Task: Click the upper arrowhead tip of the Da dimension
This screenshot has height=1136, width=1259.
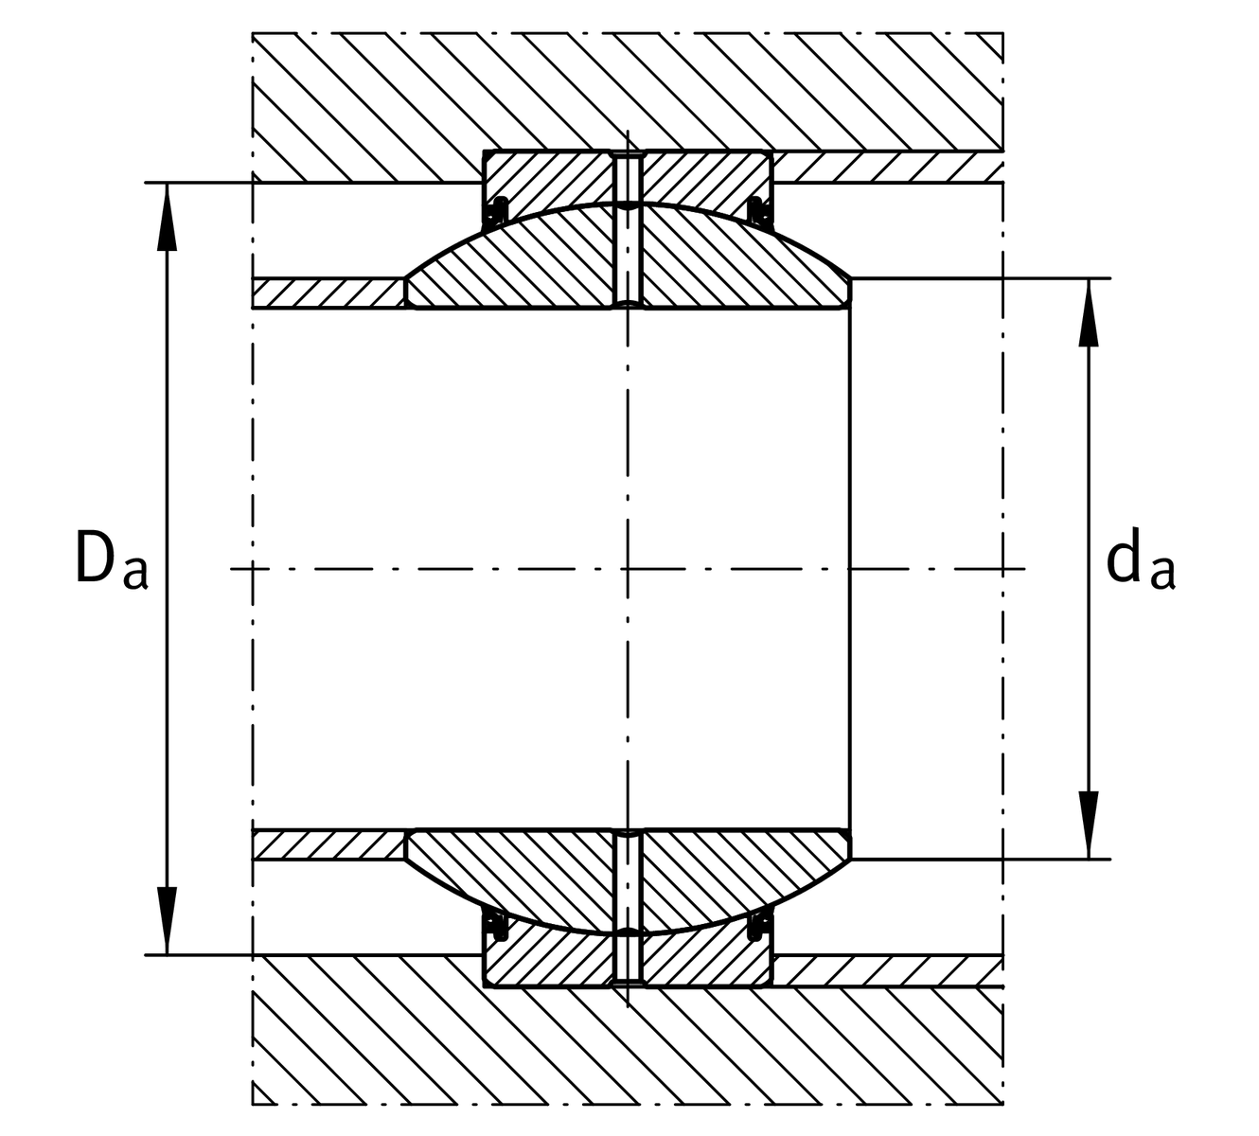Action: tap(167, 184)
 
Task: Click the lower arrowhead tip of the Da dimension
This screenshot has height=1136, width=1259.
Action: tap(167, 954)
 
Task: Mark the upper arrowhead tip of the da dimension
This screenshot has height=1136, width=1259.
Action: tap(1089, 278)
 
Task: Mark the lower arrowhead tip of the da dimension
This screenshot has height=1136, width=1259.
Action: tap(1089, 859)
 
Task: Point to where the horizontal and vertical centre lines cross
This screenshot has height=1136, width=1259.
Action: tap(628, 569)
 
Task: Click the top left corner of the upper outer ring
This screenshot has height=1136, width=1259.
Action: tap(483, 151)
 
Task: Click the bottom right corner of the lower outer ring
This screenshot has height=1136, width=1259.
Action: tap(772, 987)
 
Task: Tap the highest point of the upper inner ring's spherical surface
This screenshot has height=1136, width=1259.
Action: tap(628, 204)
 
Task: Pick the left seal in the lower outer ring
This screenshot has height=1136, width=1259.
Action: tap(496, 928)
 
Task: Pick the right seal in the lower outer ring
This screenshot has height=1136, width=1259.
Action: tap(759, 928)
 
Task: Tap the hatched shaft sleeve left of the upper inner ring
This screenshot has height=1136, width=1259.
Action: tap(328, 293)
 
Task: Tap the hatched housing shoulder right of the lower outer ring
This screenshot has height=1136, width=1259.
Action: tap(888, 971)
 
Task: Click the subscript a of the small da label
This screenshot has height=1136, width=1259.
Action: tap(1162, 574)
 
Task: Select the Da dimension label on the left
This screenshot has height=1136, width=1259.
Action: tap(112, 559)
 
